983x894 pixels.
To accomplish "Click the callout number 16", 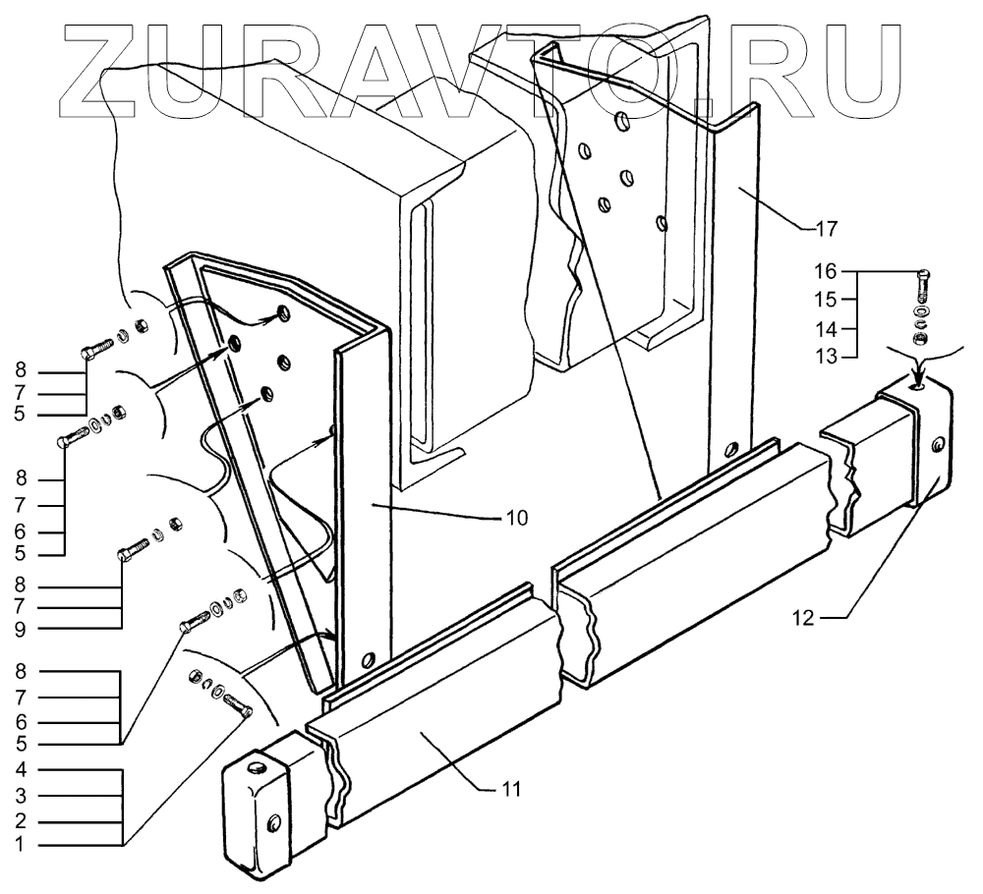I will pos(827,270).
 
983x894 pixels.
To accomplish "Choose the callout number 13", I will pos(827,356).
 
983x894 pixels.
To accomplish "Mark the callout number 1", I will pos(20,845).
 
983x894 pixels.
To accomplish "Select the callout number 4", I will pos(20,769).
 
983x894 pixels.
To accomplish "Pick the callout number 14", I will pos(827,327).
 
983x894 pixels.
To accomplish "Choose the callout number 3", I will pos(20,795).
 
